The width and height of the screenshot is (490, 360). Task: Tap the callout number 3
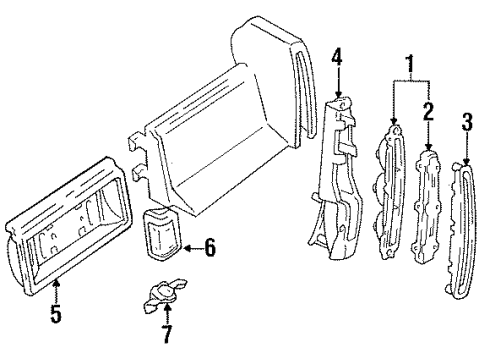point(466,125)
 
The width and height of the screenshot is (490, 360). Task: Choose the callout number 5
point(56,317)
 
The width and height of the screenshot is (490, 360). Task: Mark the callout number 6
point(209,246)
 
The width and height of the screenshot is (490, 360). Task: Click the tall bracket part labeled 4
point(340,180)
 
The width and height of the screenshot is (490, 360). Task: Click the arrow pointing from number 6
point(190,246)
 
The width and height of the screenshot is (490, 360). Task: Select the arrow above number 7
point(167,311)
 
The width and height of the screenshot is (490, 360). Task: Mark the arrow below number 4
point(337,85)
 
